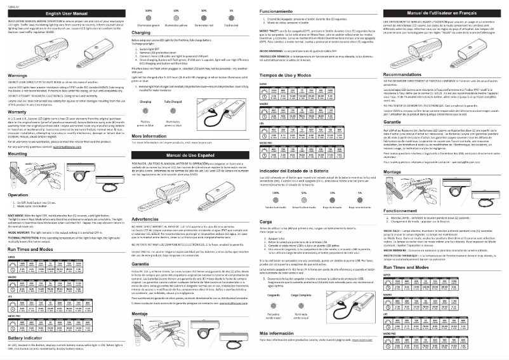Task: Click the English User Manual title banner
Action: coord(64,13)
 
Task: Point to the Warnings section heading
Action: coord(19,75)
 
